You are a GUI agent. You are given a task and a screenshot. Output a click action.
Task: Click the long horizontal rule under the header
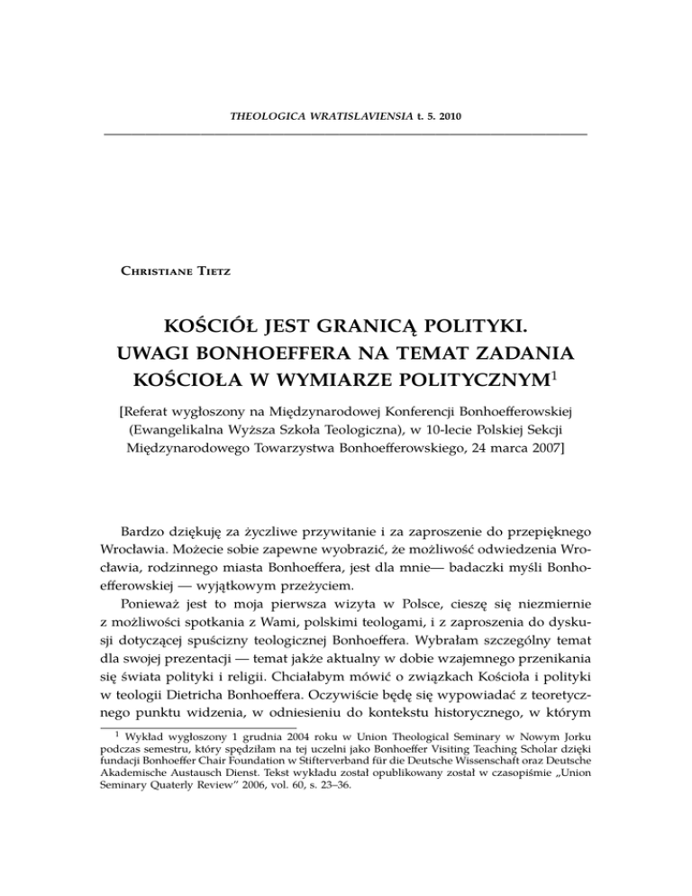[346, 134]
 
